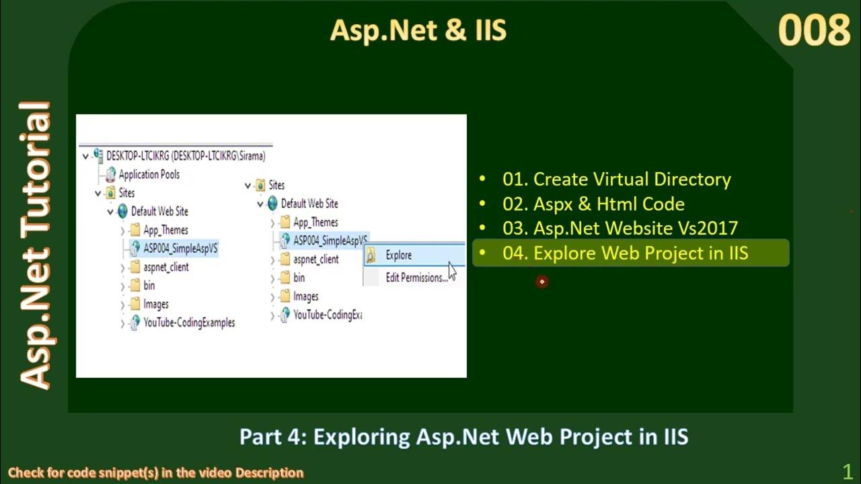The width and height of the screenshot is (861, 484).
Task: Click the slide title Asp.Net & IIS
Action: [x=418, y=31]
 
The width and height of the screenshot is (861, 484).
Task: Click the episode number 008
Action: [x=814, y=31]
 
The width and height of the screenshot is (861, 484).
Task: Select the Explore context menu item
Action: [x=398, y=255]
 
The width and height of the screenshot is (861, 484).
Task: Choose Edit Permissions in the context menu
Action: [x=416, y=278]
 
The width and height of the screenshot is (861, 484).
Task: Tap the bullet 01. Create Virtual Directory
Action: [x=616, y=179]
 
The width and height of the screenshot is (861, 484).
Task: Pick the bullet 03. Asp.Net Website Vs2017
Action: [x=620, y=229]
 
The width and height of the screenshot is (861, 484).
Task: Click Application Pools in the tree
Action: [x=149, y=175]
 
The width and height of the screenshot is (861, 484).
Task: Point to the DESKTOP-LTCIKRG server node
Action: [x=185, y=156]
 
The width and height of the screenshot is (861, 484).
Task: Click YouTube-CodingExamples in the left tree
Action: [x=188, y=323]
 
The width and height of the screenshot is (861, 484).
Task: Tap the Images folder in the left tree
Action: [x=155, y=305]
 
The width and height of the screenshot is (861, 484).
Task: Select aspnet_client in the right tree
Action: [x=315, y=259]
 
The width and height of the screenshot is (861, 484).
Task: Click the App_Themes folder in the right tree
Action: [x=315, y=223]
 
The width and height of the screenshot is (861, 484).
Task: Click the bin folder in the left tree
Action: [x=149, y=286]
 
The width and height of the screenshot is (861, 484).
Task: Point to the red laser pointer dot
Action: [x=541, y=282]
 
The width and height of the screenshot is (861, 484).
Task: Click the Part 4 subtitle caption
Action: [x=463, y=437]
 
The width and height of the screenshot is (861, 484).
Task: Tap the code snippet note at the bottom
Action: [x=155, y=473]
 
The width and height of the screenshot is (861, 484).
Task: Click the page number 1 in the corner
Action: [x=847, y=471]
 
